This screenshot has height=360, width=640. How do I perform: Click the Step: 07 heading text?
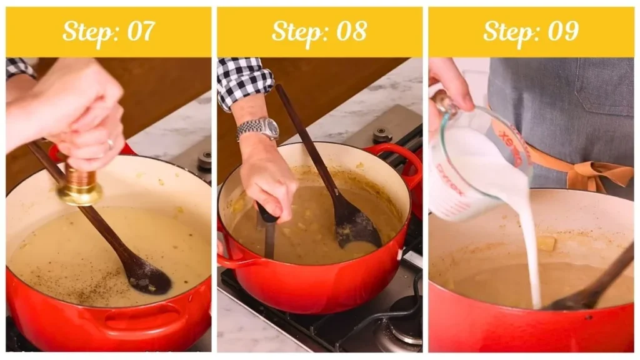click(x=108, y=31)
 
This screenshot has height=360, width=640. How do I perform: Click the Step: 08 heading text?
click(x=319, y=31)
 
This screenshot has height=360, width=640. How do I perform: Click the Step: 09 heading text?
click(x=531, y=31)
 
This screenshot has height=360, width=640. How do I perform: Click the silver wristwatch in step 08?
click(x=258, y=129)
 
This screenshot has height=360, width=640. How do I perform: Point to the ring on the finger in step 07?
click(x=110, y=144)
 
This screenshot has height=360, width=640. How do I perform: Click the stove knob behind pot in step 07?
click(x=204, y=161)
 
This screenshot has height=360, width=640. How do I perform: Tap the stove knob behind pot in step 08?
click(x=381, y=134)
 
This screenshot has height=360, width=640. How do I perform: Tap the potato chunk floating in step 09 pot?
click(x=546, y=243)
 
